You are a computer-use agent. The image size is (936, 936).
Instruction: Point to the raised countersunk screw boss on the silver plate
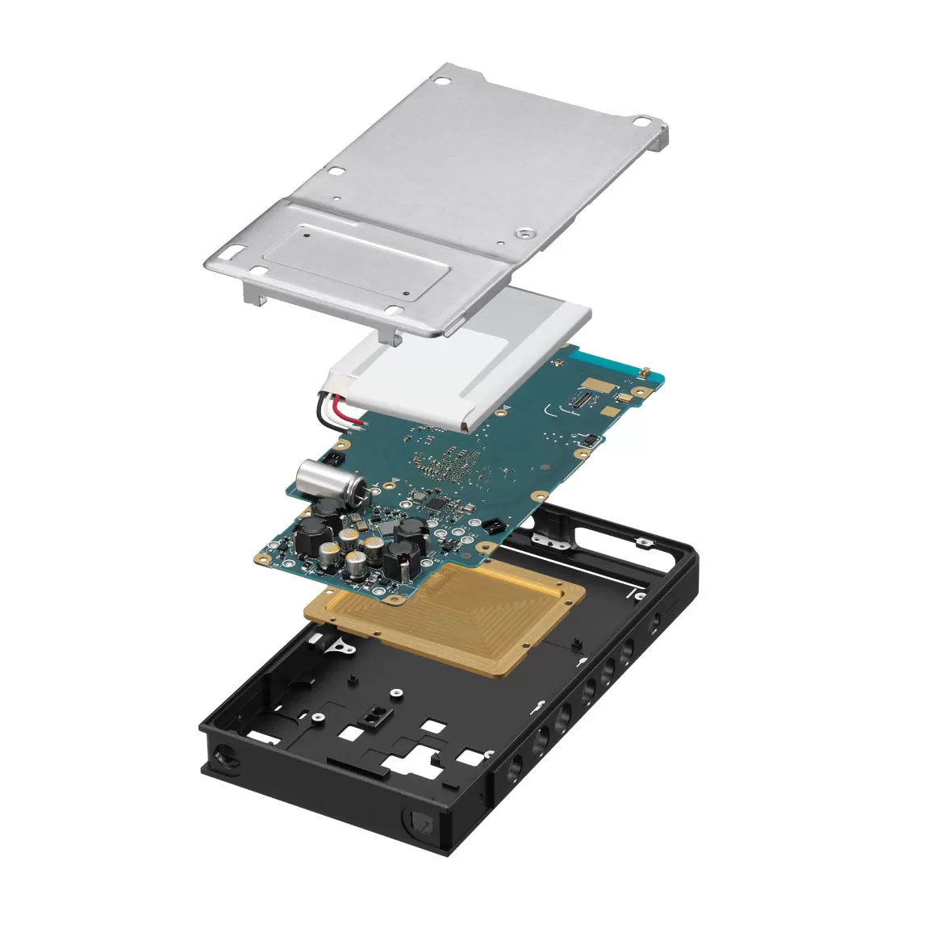coord(525,232)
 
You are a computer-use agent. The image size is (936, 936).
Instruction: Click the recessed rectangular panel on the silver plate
coord(355,258)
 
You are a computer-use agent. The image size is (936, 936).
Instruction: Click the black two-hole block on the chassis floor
coord(375,715)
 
